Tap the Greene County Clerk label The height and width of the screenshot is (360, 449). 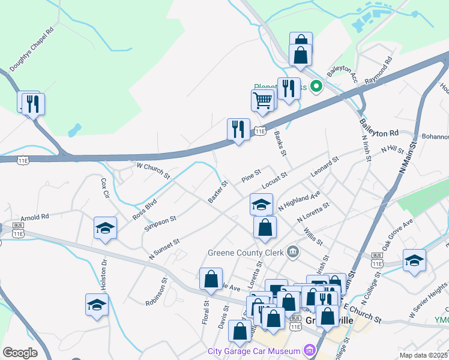point(246,252)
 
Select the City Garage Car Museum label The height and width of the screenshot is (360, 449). point(254,351)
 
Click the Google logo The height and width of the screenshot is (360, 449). point(20,353)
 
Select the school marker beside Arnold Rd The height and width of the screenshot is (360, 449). point(105,229)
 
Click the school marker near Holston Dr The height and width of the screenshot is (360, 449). point(97,305)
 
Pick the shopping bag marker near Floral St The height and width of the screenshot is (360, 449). point(211,279)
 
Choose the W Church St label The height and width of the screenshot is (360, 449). point(154,170)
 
